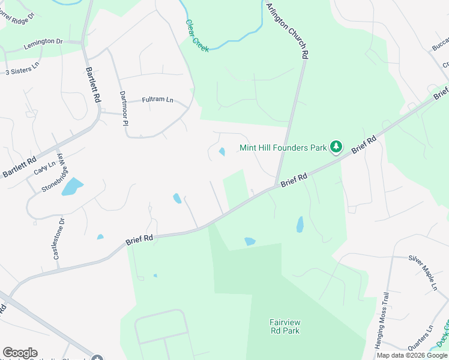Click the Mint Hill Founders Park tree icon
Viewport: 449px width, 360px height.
click(x=337, y=147)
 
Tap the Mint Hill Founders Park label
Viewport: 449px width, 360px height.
click(x=283, y=148)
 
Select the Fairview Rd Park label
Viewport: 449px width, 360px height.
click(x=285, y=326)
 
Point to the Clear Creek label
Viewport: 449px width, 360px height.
click(x=197, y=36)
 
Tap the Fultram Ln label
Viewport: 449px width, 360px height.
click(x=157, y=100)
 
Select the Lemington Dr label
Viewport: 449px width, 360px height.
click(x=43, y=42)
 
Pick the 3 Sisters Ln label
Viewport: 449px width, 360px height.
click(x=22, y=70)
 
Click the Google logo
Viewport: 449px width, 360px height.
click(x=20, y=353)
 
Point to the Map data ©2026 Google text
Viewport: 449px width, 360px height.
click(x=412, y=355)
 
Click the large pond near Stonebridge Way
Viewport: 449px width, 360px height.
click(x=71, y=186)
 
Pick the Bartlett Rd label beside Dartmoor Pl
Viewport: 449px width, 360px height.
click(x=93, y=85)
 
